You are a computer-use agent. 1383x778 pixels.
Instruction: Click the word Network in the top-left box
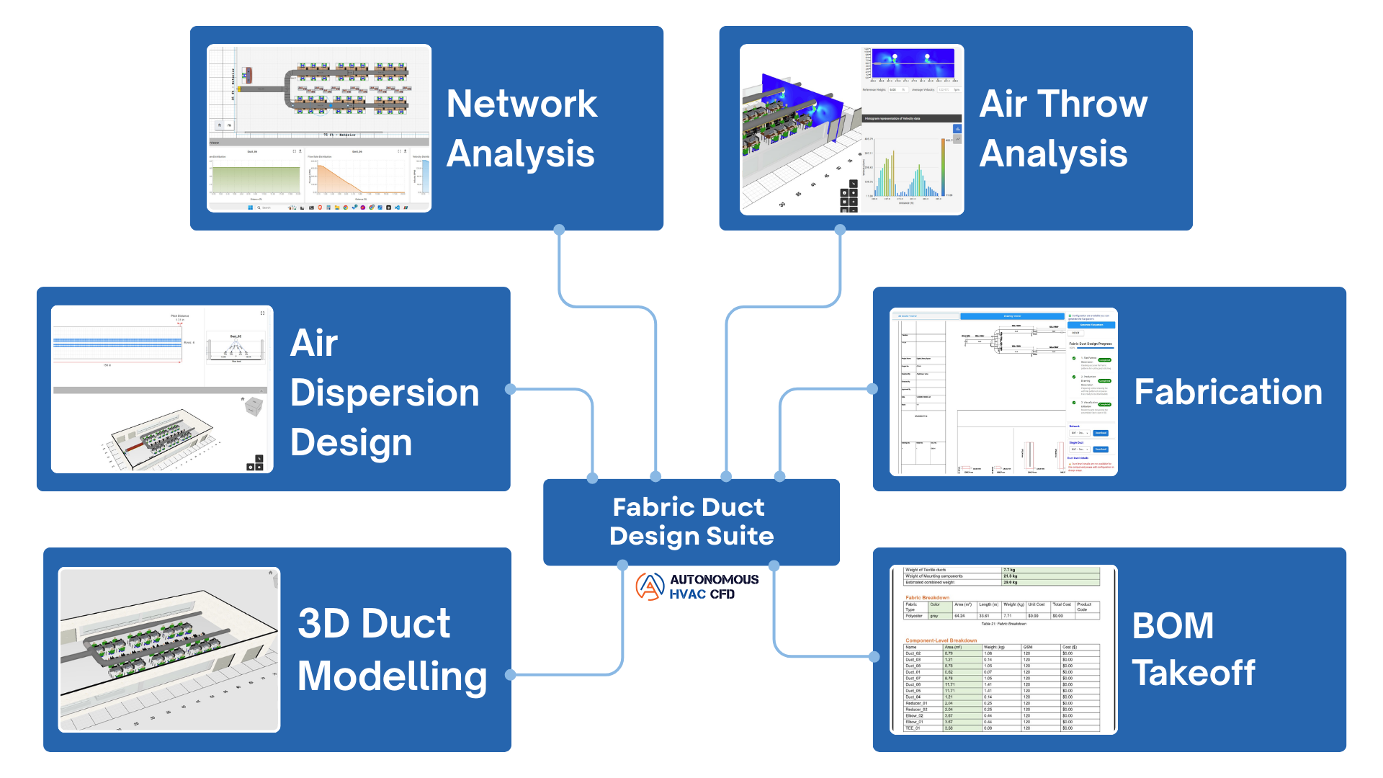tap(522, 104)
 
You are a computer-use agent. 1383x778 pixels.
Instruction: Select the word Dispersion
tap(385, 393)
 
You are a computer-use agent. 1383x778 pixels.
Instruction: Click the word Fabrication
tap(1228, 393)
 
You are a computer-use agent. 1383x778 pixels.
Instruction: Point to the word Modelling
tap(393, 676)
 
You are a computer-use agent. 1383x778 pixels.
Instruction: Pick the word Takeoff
tap(1194, 674)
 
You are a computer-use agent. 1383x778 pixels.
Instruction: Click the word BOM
tap(1173, 625)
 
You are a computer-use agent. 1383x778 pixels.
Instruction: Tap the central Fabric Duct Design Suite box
tap(691, 522)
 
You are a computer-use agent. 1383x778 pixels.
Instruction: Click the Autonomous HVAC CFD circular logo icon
tap(650, 586)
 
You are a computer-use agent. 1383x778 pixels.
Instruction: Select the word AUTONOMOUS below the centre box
tap(714, 579)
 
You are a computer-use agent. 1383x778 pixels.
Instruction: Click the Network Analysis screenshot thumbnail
tap(319, 128)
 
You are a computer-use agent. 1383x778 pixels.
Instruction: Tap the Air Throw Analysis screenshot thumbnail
tap(851, 130)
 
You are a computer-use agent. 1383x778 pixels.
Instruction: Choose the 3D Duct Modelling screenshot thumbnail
tap(169, 650)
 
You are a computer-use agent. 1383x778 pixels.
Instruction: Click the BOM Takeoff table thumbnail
tap(1003, 650)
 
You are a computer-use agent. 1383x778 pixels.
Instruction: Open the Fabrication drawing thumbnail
tap(1003, 392)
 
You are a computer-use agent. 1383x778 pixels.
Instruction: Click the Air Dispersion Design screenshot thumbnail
tap(162, 389)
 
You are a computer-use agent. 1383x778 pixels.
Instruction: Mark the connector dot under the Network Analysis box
tap(559, 230)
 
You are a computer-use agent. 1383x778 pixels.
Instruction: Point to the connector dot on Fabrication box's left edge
tap(872, 389)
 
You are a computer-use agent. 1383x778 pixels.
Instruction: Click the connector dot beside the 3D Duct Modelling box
tap(511, 675)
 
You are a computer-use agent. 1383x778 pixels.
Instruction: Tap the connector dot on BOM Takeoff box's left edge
tap(874, 656)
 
